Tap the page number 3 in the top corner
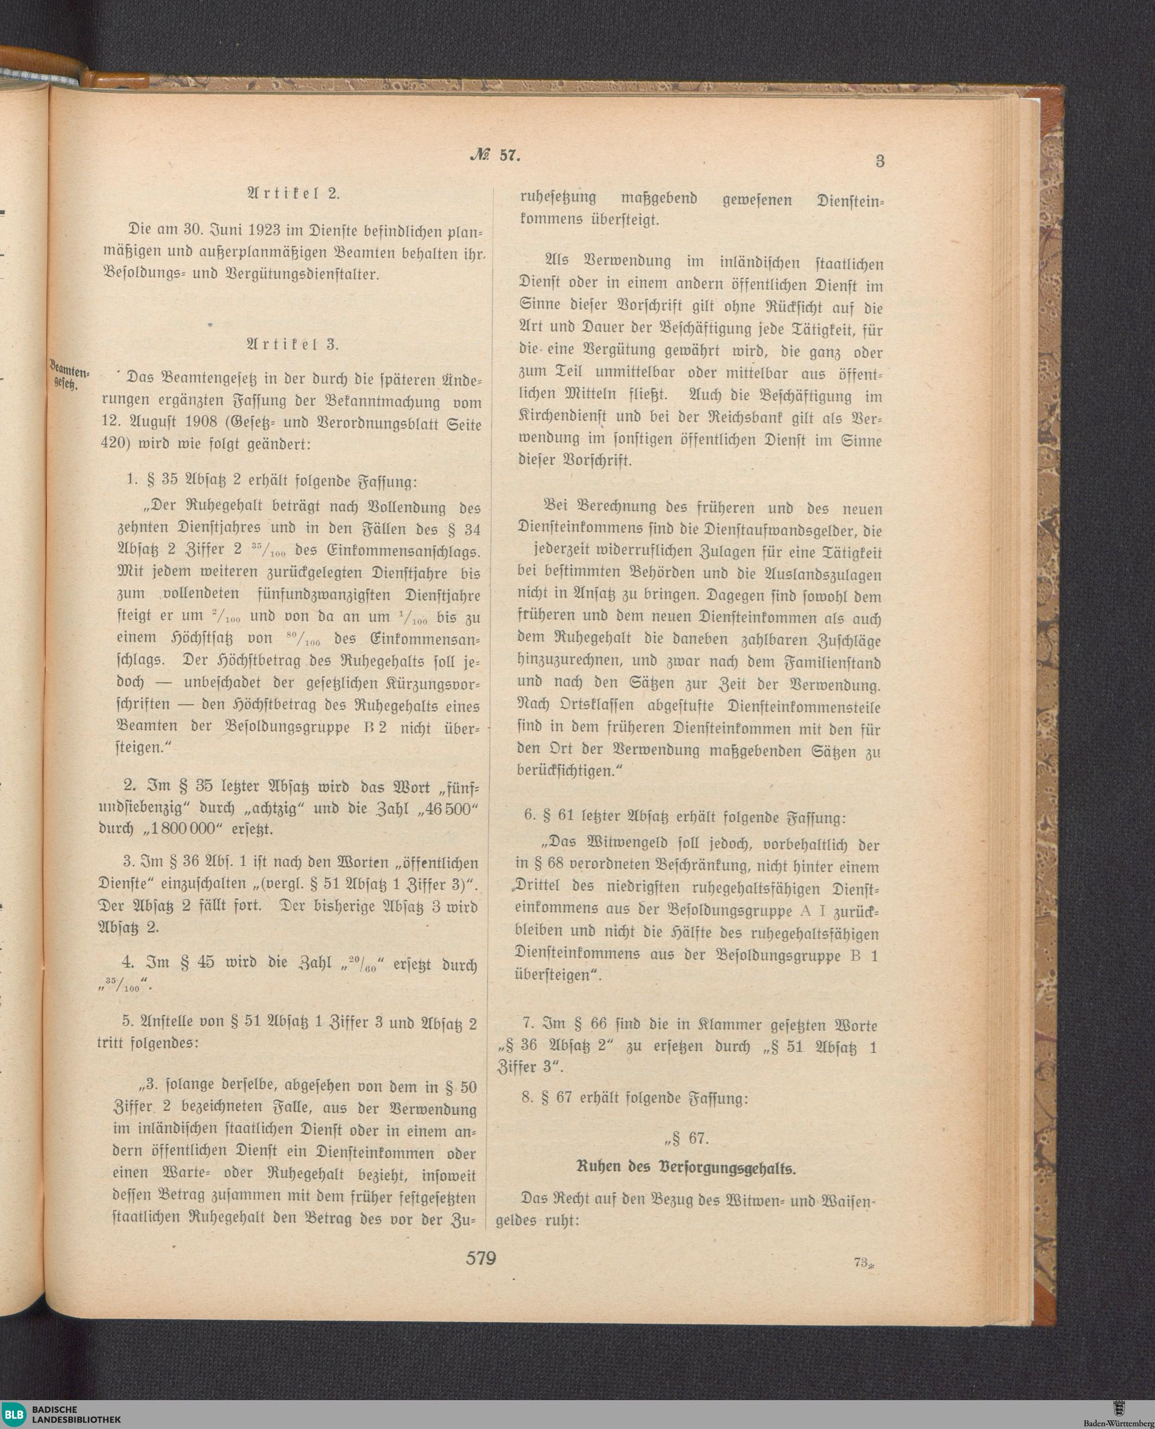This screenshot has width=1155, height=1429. pos(880,161)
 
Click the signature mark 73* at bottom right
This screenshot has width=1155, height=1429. pos(863,1262)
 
